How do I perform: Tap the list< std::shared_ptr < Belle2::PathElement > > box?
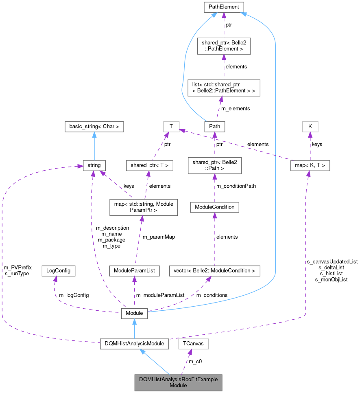pos(224,88)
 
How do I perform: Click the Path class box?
pos(214,127)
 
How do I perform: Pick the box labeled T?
pos(171,127)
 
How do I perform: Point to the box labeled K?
pos(310,127)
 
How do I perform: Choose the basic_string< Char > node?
pos(94,127)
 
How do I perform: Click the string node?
pos(94,165)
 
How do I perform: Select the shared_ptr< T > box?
pos(149,165)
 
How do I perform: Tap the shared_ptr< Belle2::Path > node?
pos(214,165)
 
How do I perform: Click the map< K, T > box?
pos(310,165)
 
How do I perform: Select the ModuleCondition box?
pos(214,207)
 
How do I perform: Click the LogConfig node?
pos(59,270)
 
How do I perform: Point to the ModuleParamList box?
pos(134,270)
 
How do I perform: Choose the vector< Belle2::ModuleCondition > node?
pos(214,270)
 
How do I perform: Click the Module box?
pos(134,313)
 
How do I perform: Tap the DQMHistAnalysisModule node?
pos(134,344)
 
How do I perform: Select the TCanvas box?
pos(193,344)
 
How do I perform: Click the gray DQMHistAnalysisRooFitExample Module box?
pos(179,382)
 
